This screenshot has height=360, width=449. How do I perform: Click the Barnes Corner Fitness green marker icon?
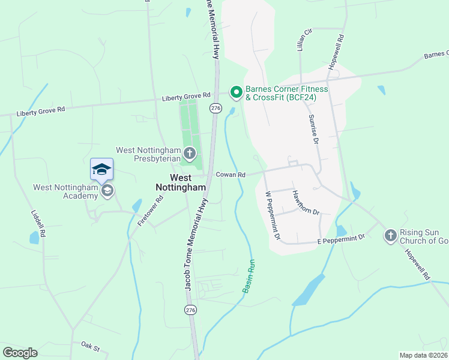(x=237, y=92)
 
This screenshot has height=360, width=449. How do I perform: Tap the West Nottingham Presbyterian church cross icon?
(x=190, y=153)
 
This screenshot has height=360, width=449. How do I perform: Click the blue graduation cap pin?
(x=101, y=169)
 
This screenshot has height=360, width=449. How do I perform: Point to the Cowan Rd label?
(x=231, y=175)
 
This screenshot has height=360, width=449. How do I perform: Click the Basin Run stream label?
(x=249, y=277)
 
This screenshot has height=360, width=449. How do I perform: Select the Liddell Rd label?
(x=38, y=223)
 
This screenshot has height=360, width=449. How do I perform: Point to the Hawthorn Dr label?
(x=305, y=203)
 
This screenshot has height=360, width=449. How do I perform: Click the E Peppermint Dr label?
(x=341, y=239)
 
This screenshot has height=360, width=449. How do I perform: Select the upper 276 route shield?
(x=216, y=108)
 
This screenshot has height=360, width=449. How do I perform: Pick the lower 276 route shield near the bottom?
(x=191, y=310)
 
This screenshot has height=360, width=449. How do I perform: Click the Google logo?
(x=20, y=353)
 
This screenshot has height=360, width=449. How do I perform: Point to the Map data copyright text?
(x=424, y=355)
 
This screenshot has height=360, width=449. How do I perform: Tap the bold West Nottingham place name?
(x=181, y=182)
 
